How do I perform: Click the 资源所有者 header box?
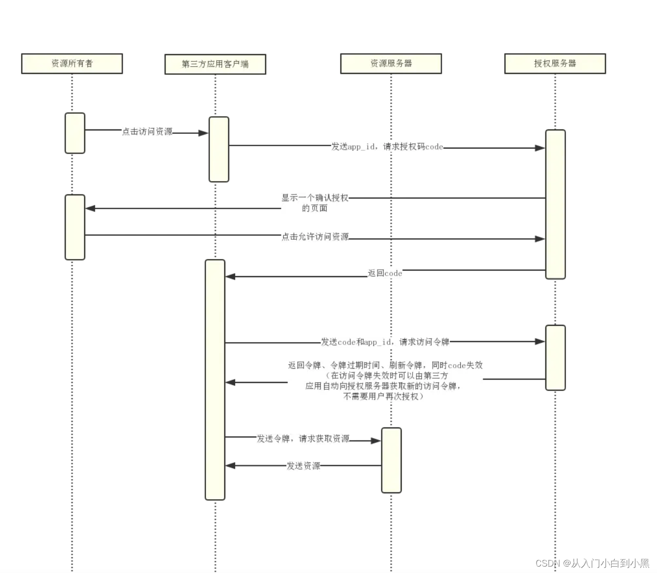point(72,64)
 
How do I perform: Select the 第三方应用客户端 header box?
point(215,64)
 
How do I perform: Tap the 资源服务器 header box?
point(391,64)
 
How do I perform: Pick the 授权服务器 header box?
point(555,64)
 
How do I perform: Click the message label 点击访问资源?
point(147,131)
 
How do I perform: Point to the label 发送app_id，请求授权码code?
point(387,147)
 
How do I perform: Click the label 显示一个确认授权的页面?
point(315,203)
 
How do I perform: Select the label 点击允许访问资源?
point(315,237)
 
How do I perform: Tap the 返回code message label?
point(385,273)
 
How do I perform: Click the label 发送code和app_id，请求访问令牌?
point(385,342)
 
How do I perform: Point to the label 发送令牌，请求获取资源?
point(303,438)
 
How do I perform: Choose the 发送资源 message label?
point(303,466)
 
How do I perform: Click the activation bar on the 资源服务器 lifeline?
point(391,460)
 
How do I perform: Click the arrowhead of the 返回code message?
point(230,277)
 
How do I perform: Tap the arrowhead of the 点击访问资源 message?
point(204,133)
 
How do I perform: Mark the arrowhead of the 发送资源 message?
point(230,466)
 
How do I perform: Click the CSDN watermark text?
point(592,563)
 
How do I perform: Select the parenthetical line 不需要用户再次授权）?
point(383,396)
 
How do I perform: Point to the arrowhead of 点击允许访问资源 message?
point(540,239)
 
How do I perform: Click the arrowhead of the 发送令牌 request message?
point(376,441)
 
